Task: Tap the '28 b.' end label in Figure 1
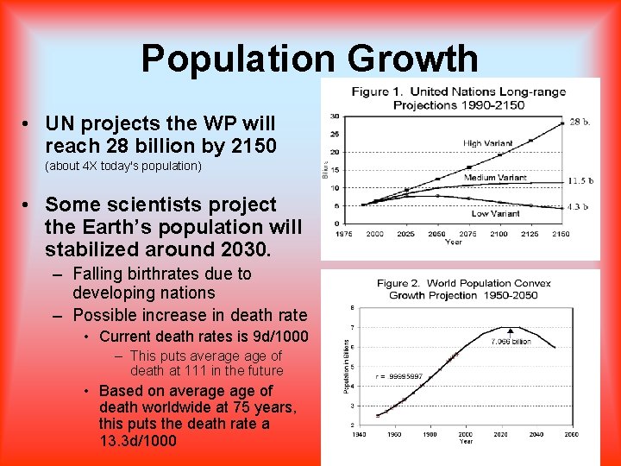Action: (x=579, y=123)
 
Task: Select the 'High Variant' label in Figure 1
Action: (x=487, y=143)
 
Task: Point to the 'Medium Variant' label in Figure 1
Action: (x=495, y=178)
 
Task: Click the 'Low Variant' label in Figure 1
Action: (x=495, y=212)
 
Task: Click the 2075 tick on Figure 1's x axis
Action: (x=467, y=234)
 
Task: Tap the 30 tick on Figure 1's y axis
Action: (x=334, y=116)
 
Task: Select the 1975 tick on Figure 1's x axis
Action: (x=342, y=234)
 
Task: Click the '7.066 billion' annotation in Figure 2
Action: (x=511, y=342)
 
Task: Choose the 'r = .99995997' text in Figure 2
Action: (x=398, y=376)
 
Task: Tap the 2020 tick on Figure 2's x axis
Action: (x=500, y=434)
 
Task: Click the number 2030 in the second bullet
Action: (x=243, y=249)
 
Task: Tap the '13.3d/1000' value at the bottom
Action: (x=137, y=441)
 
